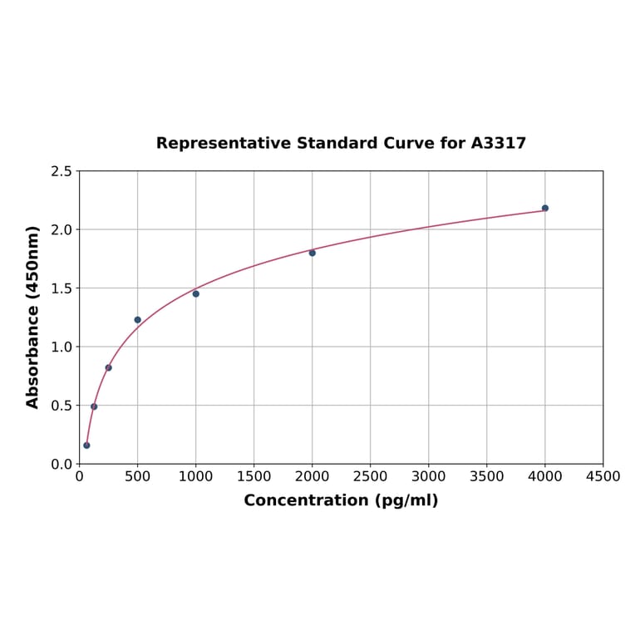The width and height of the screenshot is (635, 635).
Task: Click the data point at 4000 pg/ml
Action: pyautogui.click(x=545, y=208)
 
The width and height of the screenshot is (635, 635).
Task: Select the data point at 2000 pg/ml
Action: pyautogui.click(x=313, y=253)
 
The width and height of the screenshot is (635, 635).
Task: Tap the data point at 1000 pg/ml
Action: pyautogui.click(x=196, y=293)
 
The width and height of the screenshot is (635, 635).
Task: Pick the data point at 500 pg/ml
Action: pyautogui.click(x=138, y=320)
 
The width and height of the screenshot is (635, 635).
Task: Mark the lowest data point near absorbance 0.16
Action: pyautogui.click(x=86, y=445)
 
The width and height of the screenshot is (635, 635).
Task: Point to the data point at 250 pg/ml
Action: pyautogui.click(x=109, y=367)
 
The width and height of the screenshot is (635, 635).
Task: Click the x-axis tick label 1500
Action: pyautogui.click(x=254, y=476)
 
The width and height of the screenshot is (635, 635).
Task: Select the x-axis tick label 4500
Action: pyautogui.click(x=603, y=476)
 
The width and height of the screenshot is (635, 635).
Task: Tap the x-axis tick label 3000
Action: pyautogui.click(x=429, y=476)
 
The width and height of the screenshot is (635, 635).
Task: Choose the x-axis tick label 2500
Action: pyautogui.click(x=371, y=476)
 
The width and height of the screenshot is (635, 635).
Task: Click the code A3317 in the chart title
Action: pyautogui.click(x=499, y=143)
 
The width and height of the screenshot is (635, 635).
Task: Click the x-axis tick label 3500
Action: pyautogui.click(x=487, y=476)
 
